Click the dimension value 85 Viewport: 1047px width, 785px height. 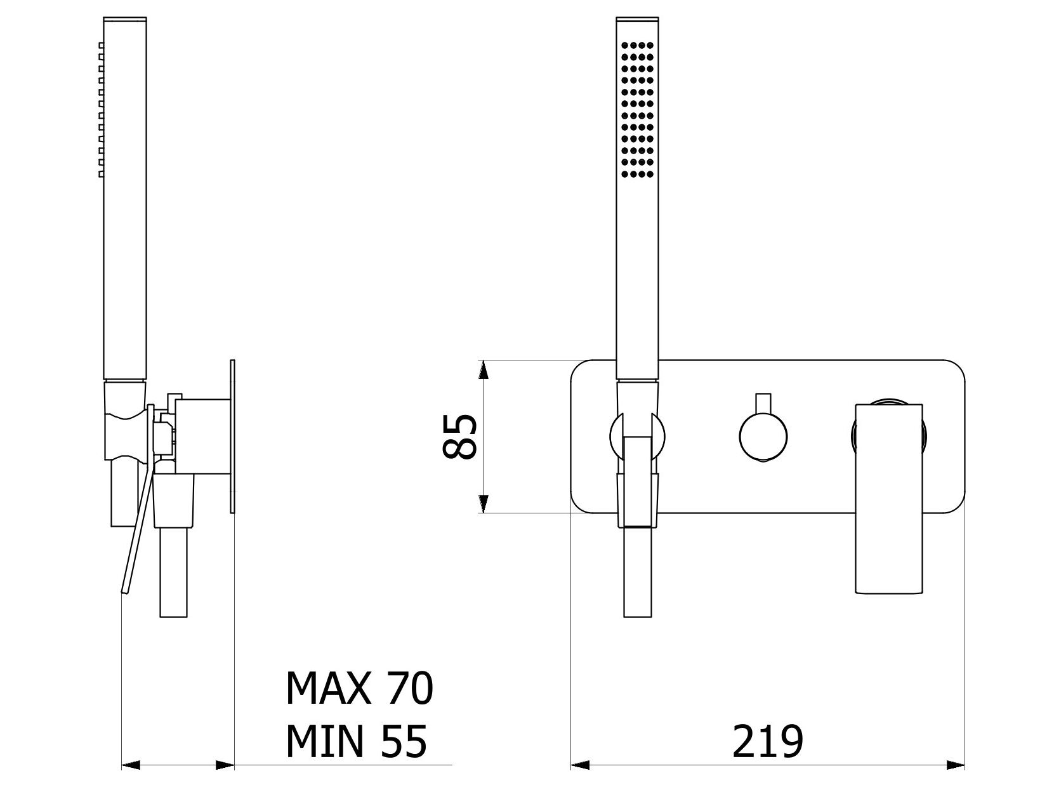coord(458,437)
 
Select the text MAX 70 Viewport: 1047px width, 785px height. coord(359,688)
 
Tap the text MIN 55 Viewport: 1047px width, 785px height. coord(356,741)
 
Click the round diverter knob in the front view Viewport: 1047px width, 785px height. coord(763,436)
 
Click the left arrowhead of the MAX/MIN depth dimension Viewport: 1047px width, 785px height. coord(130,765)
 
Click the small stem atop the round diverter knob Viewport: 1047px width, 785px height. coord(763,404)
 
